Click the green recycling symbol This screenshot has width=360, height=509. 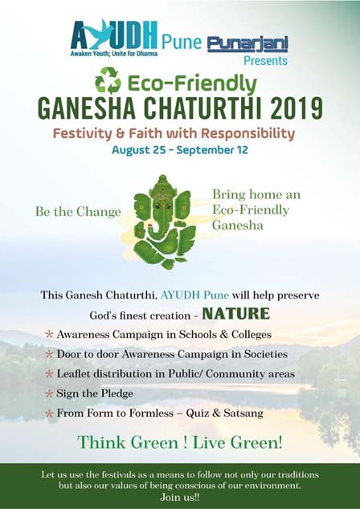point(108,80)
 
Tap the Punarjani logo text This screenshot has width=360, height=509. point(247,44)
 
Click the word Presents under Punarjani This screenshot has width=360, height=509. point(265,61)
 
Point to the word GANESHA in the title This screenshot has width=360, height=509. point(87,108)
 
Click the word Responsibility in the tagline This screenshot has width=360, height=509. point(248,134)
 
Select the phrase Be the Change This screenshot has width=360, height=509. point(78,212)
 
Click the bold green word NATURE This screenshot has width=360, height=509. point(236,314)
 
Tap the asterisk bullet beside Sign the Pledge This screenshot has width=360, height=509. point(49,393)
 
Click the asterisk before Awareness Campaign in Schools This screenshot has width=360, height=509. point(49,334)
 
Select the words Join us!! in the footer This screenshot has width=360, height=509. point(180,497)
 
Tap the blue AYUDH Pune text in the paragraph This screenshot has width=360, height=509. point(194,295)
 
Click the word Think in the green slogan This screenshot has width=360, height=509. point(100,442)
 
